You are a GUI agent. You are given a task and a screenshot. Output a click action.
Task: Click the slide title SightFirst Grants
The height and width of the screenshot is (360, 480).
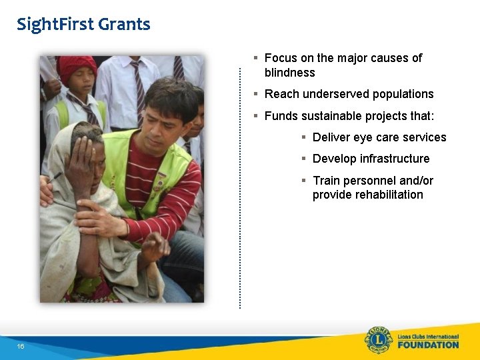tap(83, 25)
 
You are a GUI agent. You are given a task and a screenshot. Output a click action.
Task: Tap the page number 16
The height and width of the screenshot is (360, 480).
tap(21, 347)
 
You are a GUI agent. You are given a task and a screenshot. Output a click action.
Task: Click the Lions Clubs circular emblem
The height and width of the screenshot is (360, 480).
tap(378, 341)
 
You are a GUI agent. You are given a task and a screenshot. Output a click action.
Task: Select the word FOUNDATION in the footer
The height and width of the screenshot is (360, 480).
tap(428, 345)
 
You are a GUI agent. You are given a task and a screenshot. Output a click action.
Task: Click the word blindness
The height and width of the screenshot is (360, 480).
tap(289, 73)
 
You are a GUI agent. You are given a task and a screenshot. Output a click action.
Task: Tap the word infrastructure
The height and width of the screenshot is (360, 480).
tap(394, 159)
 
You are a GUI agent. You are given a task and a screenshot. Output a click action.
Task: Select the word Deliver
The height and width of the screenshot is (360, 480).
tap(331, 137)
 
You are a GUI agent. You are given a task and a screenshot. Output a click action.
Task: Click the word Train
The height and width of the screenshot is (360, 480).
tap(326, 181)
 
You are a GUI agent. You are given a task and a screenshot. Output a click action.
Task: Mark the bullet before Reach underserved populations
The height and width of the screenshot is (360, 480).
tap(256, 94)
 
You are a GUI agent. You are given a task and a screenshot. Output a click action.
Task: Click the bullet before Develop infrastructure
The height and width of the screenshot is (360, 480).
tap(304, 159)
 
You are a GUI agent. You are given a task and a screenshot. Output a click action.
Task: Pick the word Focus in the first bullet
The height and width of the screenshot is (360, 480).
tap(280, 58)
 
